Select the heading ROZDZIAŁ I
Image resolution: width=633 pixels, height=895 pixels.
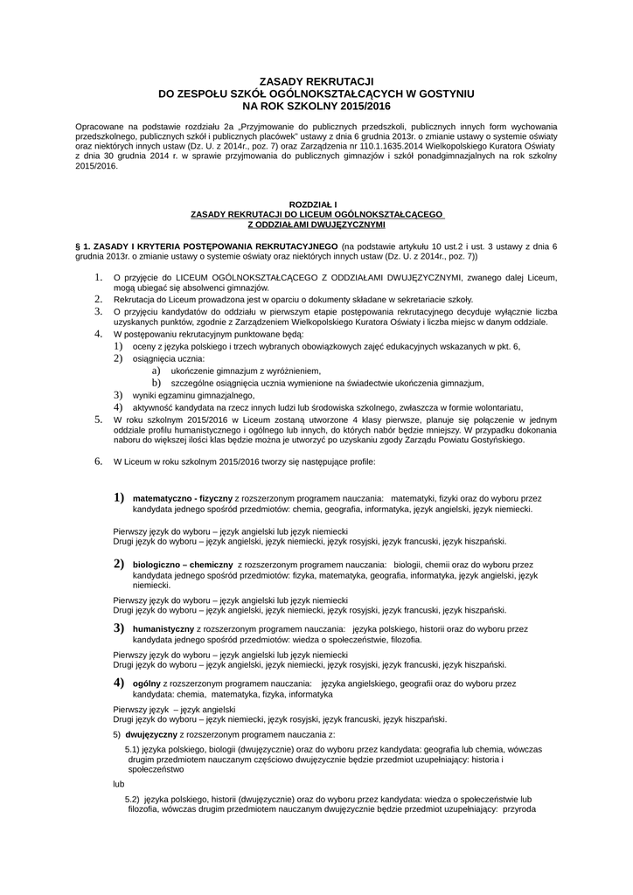point(316,205)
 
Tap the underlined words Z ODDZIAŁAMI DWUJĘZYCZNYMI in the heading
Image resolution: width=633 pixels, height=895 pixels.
point(316,224)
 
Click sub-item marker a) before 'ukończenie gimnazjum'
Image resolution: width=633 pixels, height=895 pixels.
point(157,371)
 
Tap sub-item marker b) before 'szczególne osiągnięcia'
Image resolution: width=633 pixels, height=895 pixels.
point(157,383)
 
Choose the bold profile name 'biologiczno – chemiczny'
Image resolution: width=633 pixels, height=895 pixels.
point(182,565)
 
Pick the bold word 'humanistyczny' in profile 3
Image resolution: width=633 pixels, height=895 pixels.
point(163,628)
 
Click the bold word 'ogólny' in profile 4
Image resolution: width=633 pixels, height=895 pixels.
point(146,683)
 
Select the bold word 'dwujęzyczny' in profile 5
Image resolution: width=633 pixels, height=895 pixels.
point(151,736)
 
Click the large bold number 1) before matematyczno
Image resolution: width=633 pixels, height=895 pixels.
point(119,497)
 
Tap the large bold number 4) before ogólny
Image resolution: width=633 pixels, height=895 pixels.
point(119,682)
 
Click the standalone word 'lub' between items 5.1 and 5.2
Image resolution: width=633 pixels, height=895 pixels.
point(119,784)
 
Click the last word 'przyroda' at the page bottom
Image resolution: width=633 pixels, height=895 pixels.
point(519,809)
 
